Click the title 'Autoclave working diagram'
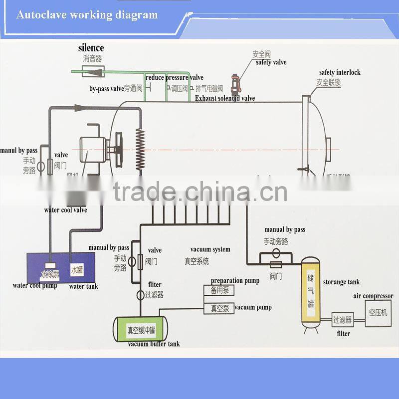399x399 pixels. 87,14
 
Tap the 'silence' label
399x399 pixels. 91,48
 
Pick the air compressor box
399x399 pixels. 378,313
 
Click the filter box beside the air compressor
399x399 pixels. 342,320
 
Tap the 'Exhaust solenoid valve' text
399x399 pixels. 225,98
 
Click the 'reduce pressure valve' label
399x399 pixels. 175,77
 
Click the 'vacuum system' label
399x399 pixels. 210,249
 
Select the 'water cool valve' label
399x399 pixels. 65,210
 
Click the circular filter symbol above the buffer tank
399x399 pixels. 140,295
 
